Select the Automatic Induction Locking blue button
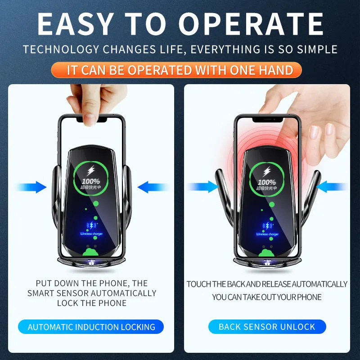(91, 327)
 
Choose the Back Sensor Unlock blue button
(267, 327)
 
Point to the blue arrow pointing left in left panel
(151, 187)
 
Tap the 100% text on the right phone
(267, 182)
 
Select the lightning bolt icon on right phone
(267, 171)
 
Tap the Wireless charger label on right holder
(267, 234)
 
